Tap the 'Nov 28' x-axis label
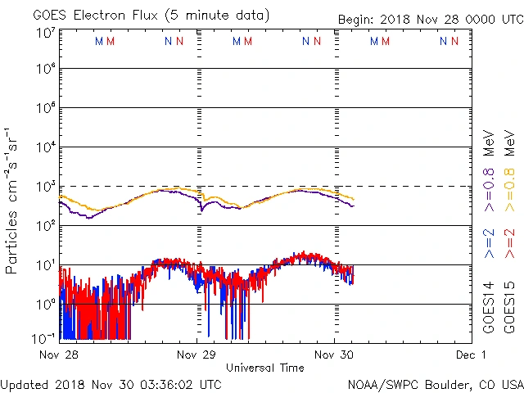tap(58, 355)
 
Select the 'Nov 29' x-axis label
tap(196, 355)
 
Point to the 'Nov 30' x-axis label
tap(334, 355)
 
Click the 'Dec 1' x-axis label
tap(471, 355)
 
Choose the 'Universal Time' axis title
tap(264, 368)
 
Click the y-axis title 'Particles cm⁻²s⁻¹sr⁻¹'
tap(13, 201)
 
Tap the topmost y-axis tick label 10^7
tap(44, 33)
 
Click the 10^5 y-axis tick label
tap(44, 110)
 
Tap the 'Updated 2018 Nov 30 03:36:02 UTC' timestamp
tap(111, 383)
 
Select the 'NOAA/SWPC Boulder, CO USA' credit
tap(435, 383)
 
